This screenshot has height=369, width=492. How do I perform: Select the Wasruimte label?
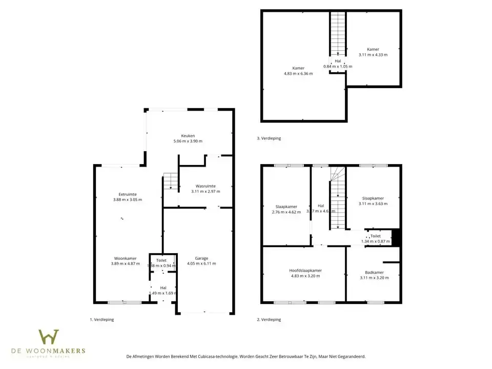click(206, 186)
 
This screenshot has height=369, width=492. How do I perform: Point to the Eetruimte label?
click(128, 194)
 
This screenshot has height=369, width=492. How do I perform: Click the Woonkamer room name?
click(125, 258)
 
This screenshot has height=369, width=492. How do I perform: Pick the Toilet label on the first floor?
click(161, 260)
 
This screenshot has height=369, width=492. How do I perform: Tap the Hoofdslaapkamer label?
click(305, 270)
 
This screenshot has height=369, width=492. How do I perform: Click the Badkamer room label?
click(374, 273)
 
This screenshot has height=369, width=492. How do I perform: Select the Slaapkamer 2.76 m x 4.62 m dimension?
click(286, 212)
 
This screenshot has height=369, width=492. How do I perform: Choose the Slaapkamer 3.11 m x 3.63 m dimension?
click(373, 203)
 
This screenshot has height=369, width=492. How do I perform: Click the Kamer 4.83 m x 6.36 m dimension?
click(298, 73)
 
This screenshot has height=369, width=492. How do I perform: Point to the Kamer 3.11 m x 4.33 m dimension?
click(373, 54)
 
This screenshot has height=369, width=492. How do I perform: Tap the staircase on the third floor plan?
click(337, 33)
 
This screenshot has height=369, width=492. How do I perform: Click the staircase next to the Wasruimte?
click(170, 181)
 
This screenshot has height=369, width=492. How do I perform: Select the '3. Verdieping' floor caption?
click(269, 138)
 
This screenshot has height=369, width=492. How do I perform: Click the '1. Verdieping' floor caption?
click(102, 319)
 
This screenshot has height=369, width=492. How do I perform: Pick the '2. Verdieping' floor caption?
click(269, 319)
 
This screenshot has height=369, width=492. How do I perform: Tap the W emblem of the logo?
click(49, 337)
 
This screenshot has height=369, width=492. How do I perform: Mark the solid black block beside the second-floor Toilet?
click(395, 237)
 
